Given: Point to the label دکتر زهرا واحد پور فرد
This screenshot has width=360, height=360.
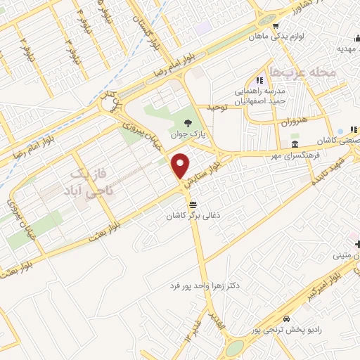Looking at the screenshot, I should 206,286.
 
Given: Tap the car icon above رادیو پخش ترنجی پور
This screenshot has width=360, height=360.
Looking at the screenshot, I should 287,318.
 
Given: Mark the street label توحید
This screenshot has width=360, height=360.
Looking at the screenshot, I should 219,107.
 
